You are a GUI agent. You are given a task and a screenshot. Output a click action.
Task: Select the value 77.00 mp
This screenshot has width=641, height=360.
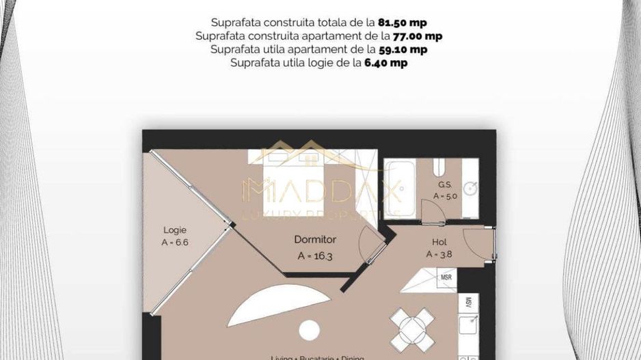click(x=417, y=36)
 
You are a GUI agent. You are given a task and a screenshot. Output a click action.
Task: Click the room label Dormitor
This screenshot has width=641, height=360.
click(x=315, y=240)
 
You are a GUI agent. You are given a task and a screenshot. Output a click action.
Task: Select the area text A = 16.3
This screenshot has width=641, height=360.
click(x=315, y=256)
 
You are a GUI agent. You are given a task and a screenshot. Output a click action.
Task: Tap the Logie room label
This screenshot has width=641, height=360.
click(x=174, y=230)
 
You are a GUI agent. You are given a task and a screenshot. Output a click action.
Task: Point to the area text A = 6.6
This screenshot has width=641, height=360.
click(x=174, y=242)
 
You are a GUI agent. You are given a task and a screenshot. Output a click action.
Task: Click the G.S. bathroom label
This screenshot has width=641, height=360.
click(x=445, y=184)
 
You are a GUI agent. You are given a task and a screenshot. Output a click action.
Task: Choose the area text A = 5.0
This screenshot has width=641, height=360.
click(x=445, y=195)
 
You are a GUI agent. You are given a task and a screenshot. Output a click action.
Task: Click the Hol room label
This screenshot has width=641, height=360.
click(x=439, y=242)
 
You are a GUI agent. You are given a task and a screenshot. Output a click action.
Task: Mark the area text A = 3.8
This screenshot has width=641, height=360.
click(x=439, y=253)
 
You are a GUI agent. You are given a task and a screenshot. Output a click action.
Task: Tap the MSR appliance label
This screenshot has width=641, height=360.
click(x=446, y=277)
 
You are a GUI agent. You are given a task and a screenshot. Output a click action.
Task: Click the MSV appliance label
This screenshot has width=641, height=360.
click(x=469, y=302)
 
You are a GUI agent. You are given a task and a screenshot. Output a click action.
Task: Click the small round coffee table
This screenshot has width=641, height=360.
click(x=310, y=329)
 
